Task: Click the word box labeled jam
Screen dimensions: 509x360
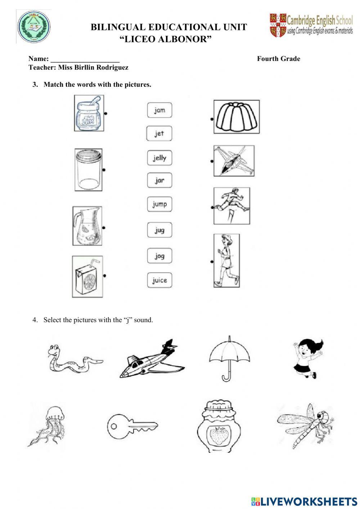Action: [x=159, y=110]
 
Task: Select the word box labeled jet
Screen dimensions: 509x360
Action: [x=159, y=134]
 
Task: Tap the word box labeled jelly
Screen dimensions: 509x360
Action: [x=159, y=158]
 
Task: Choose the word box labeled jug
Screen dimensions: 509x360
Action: [x=159, y=230]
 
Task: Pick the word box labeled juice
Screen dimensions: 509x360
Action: [x=159, y=280]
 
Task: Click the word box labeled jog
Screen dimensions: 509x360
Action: [x=159, y=256]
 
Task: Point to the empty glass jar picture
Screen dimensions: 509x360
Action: [x=88, y=170]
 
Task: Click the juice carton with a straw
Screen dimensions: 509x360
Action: [x=87, y=277]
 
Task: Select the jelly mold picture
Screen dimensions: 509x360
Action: [x=236, y=117]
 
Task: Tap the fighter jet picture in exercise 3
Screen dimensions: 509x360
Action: [x=234, y=161]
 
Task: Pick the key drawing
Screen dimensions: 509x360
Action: [x=132, y=426]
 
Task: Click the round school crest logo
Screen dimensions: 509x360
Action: [x=34, y=27]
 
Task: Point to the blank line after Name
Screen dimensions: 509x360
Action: [x=85, y=59]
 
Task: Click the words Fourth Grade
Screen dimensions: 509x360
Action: [x=278, y=59]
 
